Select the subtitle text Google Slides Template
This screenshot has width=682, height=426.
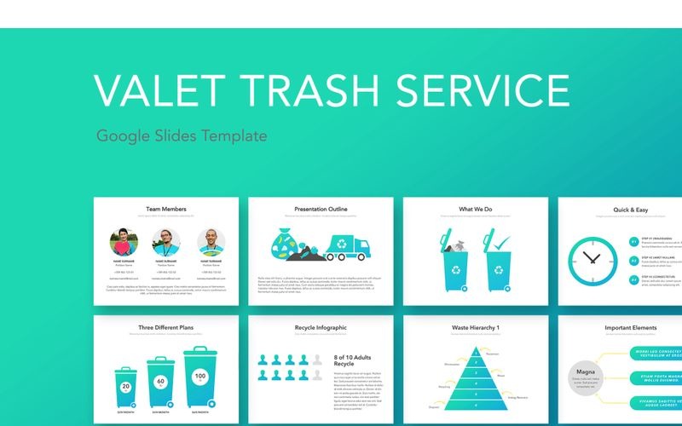182,135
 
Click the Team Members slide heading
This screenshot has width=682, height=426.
166,209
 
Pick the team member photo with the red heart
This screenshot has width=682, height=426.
125,242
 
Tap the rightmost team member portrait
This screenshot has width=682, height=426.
212,242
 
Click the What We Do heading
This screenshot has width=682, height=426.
474,209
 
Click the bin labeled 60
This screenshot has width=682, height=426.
159,385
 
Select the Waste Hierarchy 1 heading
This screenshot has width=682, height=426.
475,327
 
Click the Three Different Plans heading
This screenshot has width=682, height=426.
165,327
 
